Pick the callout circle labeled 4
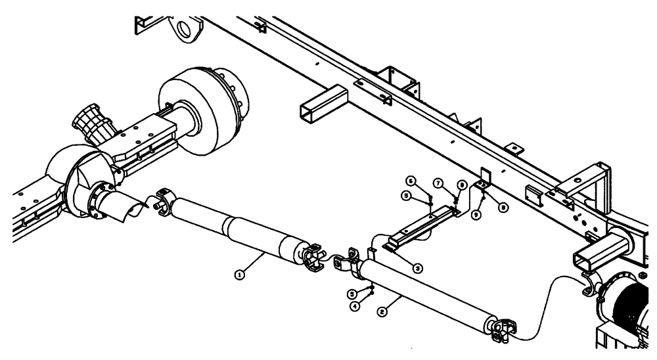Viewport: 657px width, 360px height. [373, 305]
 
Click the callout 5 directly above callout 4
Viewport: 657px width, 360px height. [372, 293]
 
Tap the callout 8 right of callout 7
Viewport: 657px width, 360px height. [462, 186]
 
